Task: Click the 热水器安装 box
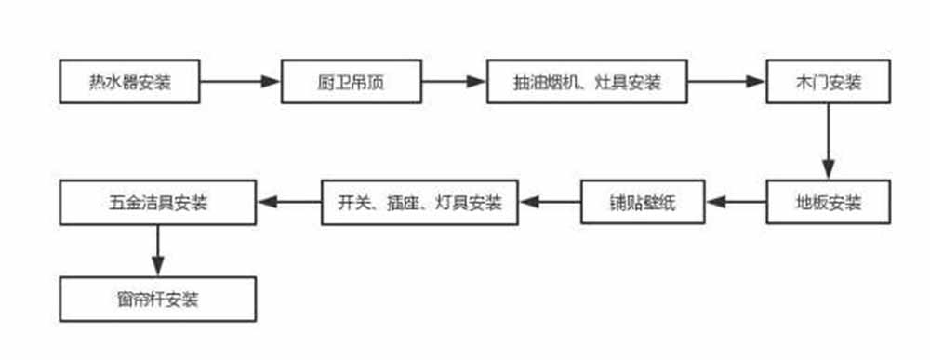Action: click(x=129, y=82)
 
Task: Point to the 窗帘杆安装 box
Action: click(x=157, y=300)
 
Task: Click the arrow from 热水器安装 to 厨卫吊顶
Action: click(x=240, y=82)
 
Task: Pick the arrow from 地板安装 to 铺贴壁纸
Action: click(x=735, y=200)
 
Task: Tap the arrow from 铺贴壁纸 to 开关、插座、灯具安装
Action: click(x=544, y=200)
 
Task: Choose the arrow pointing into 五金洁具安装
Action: click(x=288, y=200)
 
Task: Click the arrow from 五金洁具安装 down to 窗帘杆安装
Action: click(x=157, y=249)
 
